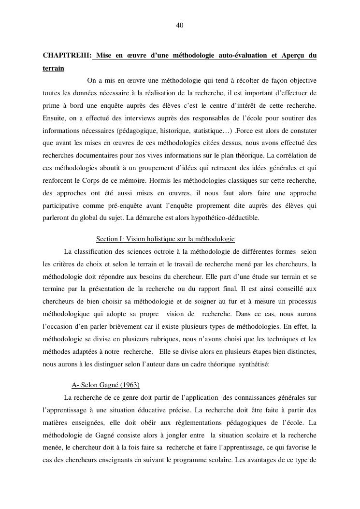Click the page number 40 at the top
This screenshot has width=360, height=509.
tap(180, 25)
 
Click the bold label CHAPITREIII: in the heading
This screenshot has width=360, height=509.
tap(67, 56)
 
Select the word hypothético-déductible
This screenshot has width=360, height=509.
tap(230, 218)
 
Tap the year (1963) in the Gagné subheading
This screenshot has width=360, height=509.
tap(129, 385)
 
